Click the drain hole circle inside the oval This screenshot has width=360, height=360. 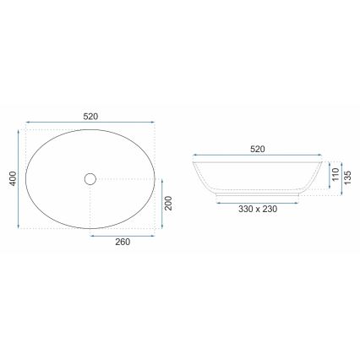point(90,178)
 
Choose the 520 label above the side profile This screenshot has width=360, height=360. point(258,149)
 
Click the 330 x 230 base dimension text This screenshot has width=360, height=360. point(258,208)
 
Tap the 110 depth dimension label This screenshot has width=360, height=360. point(334,176)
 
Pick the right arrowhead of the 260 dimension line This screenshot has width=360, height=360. point(155,237)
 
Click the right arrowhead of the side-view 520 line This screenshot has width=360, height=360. point(322,157)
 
